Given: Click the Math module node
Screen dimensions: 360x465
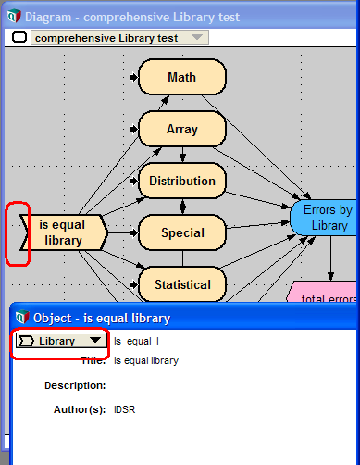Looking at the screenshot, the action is click(x=182, y=77).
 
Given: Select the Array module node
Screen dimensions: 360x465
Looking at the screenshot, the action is click(x=182, y=129).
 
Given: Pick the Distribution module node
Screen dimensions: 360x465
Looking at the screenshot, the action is click(x=182, y=181).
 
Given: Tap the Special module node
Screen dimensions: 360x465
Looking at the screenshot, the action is click(x=182, y=232).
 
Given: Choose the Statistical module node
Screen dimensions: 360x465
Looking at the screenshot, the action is click(x=182, y=284).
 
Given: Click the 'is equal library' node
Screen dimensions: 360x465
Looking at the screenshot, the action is click(x=64, y=232).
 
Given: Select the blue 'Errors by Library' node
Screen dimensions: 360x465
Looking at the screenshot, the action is click(x=324, y=218).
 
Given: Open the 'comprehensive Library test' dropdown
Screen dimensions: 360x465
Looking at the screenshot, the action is click(x=119, y=38).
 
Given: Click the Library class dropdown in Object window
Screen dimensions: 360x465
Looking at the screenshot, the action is click(x=61, y=341).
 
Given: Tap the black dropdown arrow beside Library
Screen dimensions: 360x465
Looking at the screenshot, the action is click(x=95, y=340).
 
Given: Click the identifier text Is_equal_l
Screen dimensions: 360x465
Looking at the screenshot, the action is click(x=136, y=341).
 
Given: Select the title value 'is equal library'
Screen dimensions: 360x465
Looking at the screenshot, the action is click(x=146, y=360).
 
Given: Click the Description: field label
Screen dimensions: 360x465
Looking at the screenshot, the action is click(x=75, y=385).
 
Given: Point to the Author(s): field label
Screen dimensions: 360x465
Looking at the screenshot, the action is click(x=80, y=409).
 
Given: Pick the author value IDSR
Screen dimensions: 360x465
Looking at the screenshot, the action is click(x=125, y=409).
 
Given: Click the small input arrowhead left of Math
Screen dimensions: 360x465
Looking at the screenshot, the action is click(x=133, y=77).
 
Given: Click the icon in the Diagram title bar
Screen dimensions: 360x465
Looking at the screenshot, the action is click(x=14, y=17).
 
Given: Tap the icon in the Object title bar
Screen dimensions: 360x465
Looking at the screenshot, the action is click(x=22, y=317).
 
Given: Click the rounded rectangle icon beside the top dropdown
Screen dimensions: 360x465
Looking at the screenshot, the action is click(x=19, y=37).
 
